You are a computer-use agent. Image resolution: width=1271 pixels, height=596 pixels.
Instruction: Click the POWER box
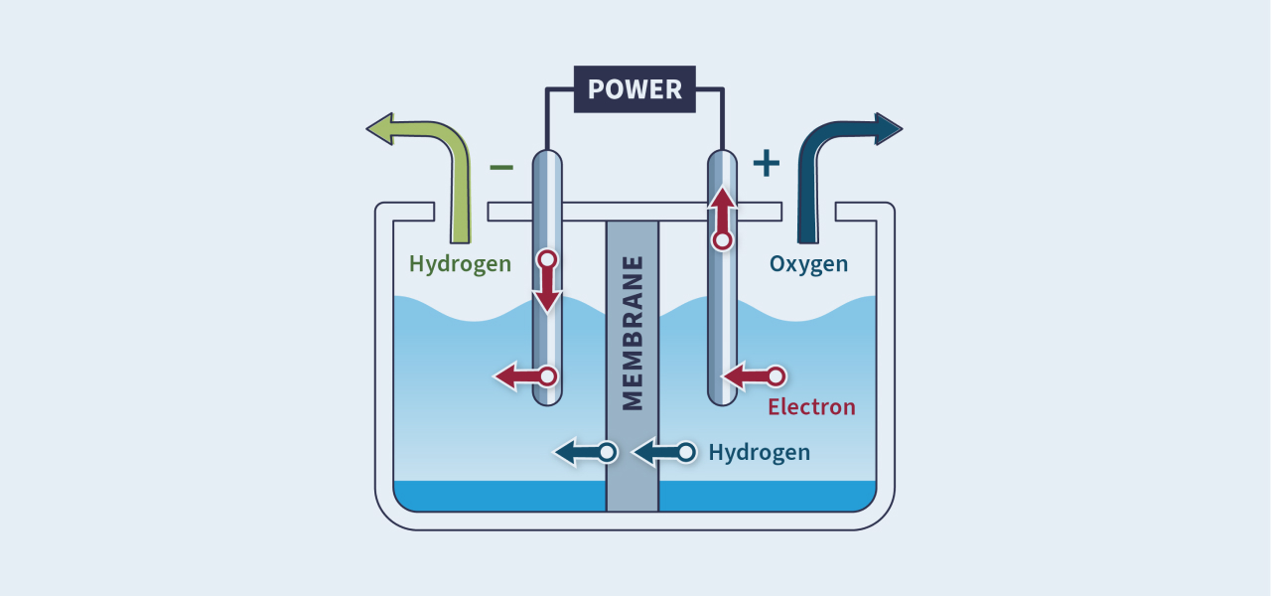(635, 89)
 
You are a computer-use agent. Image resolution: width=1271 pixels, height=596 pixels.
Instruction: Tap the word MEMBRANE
(633, 333)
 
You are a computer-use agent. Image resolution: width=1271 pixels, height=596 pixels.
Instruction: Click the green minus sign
(501, 166)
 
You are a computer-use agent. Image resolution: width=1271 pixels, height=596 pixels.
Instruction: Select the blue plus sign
(766, 163)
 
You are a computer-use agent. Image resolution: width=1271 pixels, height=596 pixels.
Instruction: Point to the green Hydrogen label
(460, 264)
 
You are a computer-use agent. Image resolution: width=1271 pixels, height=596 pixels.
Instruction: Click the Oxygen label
(808, 264)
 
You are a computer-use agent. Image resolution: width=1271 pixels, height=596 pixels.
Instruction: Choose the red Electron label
(811, 407)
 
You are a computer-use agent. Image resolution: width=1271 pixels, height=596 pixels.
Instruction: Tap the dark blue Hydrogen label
(759, 453)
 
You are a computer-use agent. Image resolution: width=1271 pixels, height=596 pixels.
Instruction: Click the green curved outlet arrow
(437, 159)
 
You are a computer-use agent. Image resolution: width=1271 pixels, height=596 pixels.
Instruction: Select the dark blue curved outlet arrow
(834, 159)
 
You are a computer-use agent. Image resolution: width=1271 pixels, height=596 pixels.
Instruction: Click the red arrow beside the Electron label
(754, 376)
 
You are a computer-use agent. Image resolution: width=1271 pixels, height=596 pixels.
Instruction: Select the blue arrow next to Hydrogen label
(663, 453)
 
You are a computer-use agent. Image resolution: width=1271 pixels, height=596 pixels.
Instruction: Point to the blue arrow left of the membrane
(585, 453)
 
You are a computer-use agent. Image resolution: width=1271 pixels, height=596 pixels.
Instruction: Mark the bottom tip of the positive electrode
(722, 399)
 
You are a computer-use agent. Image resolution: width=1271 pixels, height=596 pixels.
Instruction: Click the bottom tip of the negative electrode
(547, 399)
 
